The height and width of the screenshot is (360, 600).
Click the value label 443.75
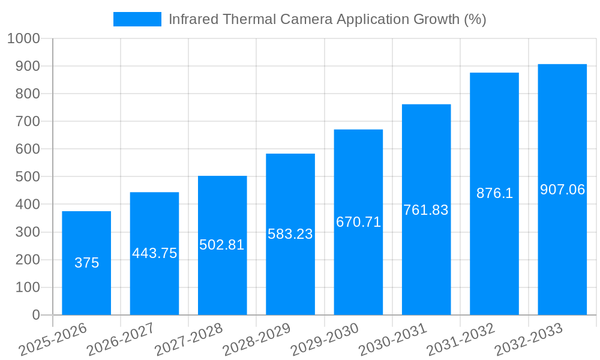coord(155,253)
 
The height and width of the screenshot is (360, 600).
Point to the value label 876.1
coord(494,193)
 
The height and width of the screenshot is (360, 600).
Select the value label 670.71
coord(358,222)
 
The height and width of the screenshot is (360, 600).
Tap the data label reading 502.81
coord(222,245)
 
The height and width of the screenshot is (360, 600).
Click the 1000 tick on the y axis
coord(23,39)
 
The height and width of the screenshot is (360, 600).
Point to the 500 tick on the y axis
coord(28,177)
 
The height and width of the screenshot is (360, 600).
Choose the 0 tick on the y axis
coord(35,315)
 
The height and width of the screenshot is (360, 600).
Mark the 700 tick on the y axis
coord(28,122)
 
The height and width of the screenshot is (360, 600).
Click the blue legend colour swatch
coord(137,19)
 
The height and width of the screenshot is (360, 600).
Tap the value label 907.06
coord(562,190)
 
